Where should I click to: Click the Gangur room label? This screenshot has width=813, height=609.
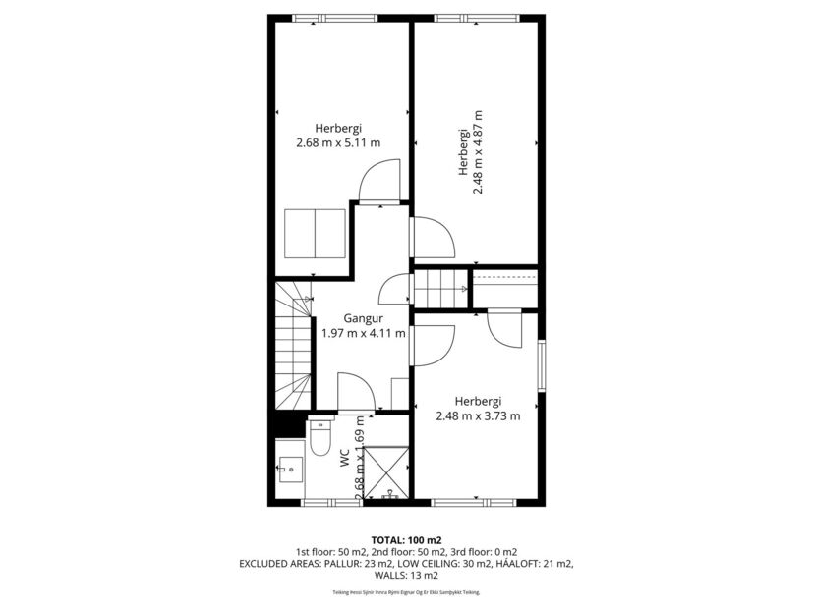coord(363,318)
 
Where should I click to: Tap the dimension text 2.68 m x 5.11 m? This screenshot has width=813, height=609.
coord(338,142)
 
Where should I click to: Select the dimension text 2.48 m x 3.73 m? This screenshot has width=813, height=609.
coord(478,415)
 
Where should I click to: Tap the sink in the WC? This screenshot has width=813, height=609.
coord(289,469)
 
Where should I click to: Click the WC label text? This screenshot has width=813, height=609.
coord(345,458)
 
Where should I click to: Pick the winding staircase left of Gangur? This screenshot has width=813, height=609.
coord(292,346)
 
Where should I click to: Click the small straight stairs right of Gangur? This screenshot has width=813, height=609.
coord(440,289)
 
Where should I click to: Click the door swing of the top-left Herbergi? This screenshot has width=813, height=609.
coord(379,183)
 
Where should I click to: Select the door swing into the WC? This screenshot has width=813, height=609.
coord(355,392)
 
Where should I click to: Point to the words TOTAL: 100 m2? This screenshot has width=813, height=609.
coord(406,540)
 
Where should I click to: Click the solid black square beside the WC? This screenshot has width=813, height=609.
coord(289,424)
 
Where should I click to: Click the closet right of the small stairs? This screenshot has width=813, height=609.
coord(504,289)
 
